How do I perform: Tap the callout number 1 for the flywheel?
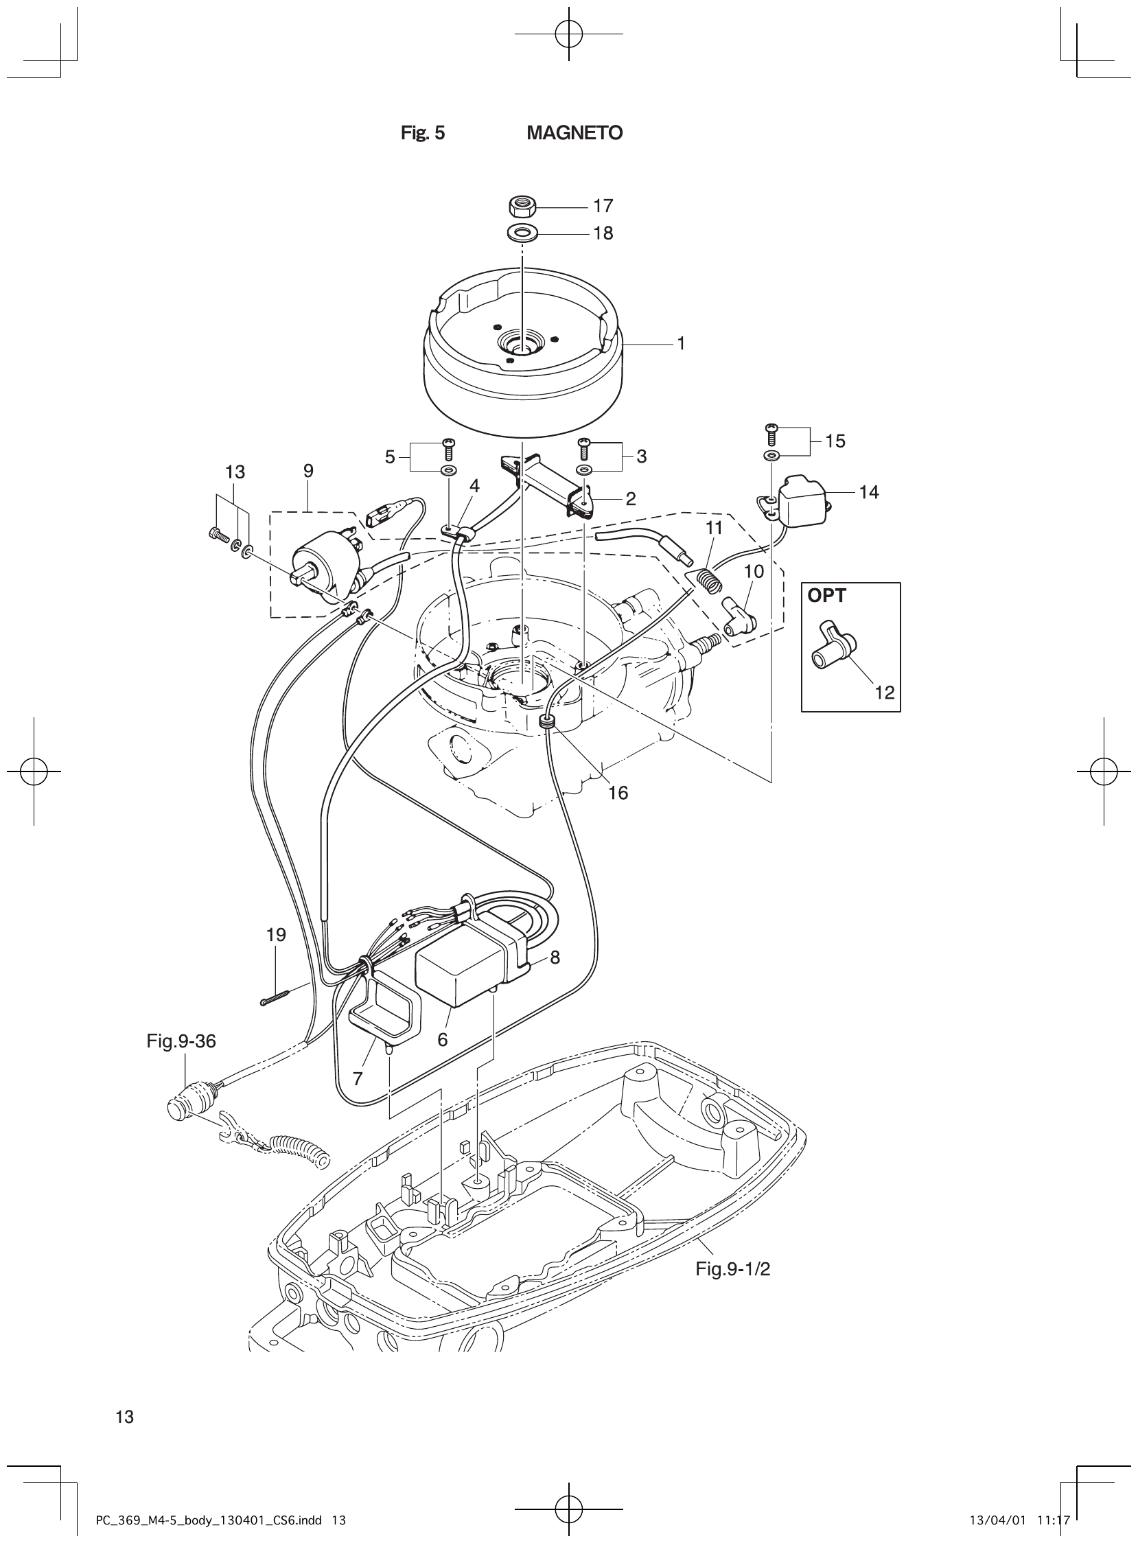[681, 343]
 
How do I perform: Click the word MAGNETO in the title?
[574, 133]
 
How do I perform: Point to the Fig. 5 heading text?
[423, 133]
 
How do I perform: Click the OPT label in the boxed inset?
[826, 596]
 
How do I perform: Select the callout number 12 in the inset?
[885, 693]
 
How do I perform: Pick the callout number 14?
[870, 492]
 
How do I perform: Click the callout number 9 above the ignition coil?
[308, 470]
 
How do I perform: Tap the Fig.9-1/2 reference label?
[732, 1269]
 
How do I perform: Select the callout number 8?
[555, 957]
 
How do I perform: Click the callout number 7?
[358, 1079]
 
